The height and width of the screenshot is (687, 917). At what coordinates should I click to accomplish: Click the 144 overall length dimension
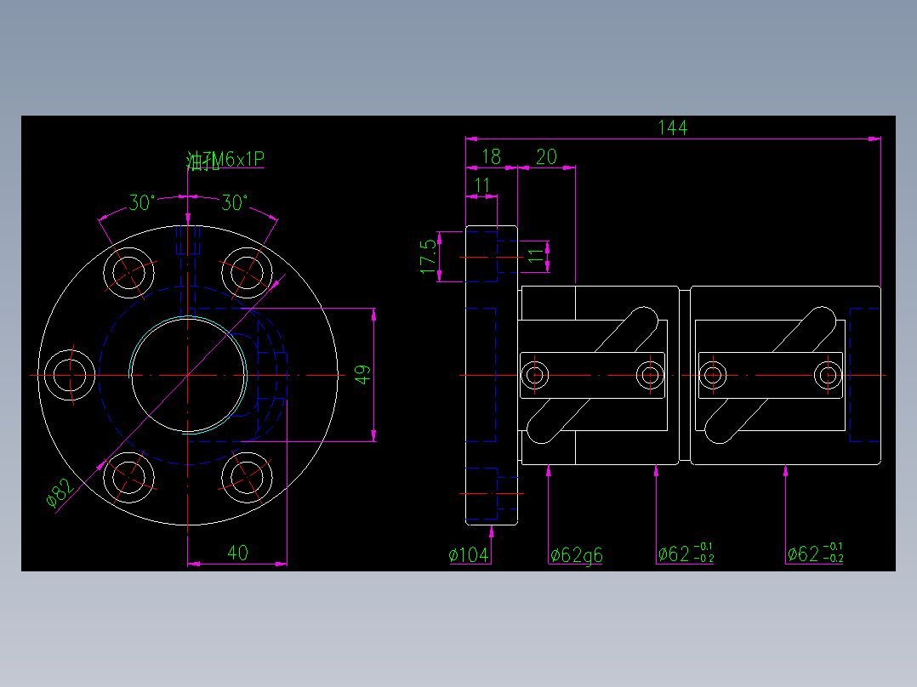[672, 128]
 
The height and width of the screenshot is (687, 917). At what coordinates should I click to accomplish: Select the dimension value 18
[491, 156]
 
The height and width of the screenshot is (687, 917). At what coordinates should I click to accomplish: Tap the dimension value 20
[546, 156]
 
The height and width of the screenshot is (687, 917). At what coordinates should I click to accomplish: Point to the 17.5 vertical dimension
[428, 256]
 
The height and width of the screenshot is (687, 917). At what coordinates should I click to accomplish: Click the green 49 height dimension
[362, 375]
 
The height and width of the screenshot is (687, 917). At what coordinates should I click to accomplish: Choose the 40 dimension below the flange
[237, 554]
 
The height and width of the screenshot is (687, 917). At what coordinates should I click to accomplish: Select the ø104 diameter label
[469, 555]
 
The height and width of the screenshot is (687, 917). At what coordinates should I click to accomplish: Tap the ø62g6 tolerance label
[576, 555]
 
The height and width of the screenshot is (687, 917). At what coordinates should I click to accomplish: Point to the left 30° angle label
[141, 203]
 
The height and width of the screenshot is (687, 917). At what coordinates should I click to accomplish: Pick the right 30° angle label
[235, 203]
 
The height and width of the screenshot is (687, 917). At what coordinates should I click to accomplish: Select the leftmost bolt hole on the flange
[70, 374]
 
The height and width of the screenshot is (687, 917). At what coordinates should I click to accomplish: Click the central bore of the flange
[187, 374]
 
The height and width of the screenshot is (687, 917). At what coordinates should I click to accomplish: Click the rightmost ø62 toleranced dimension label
[815, 554]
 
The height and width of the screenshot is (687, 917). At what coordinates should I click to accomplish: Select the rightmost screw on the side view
[826, 374]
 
